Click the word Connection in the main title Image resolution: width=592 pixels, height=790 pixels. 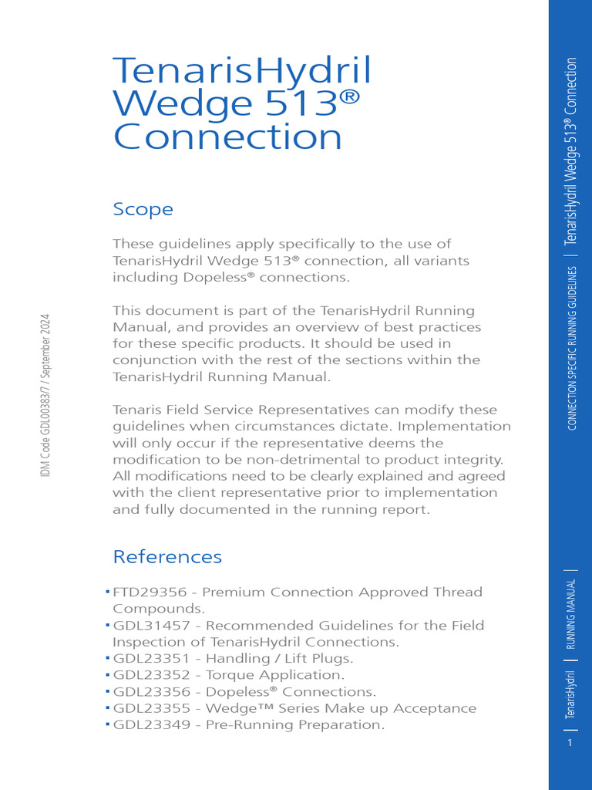point(227,137)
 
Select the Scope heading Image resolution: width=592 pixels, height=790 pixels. point(143,209)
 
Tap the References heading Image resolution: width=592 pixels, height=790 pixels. point(167,556)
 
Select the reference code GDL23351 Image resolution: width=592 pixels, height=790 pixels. point(153,658)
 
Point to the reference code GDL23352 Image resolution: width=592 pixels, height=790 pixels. point(153,675)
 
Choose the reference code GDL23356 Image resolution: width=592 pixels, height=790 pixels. point(153,691)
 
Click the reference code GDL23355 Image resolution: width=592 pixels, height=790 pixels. point(153,708)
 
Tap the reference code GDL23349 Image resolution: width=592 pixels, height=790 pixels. point(153,724)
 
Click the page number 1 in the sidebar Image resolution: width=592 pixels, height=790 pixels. point(570,743)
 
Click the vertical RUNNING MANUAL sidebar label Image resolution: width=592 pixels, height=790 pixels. point(571,616)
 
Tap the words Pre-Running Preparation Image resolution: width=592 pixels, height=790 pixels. point(294,724)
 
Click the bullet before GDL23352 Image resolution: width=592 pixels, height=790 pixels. point(107,674)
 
